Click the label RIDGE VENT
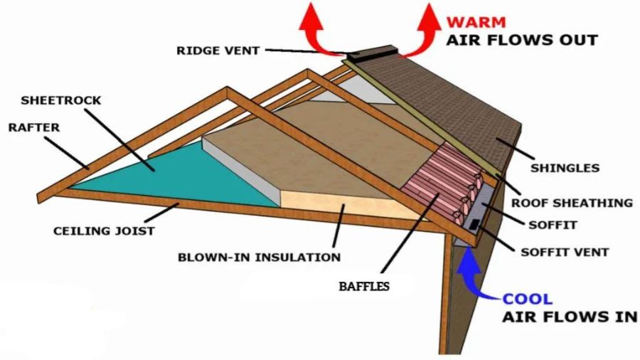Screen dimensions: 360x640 [x=218, y=51]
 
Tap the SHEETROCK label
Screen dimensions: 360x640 [x=61, y=100]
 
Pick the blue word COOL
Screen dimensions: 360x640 [x=527, y=299]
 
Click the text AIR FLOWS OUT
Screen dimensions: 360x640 [x=521, y=40]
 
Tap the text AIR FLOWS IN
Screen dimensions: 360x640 [x=569, y=317]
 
